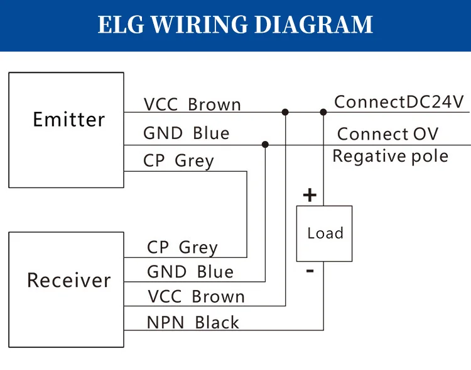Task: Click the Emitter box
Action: point(66,130)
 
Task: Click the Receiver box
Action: point(66,289)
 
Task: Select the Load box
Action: point(324,233)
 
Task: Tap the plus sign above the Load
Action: point(310,195)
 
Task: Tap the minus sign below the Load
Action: point(310,271)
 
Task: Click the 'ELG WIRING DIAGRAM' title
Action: point(235,25)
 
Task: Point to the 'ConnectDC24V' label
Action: point(398,102)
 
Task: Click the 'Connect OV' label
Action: point(387,134)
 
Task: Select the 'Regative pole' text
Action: point(390,156)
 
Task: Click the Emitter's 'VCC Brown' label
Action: point(192,104)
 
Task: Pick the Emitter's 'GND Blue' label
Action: point(186,133)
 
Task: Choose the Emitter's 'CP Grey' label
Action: point(178,161)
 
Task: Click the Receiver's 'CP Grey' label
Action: point(182,247)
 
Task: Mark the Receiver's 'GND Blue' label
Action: point(190,272)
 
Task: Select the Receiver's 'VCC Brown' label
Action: point(196,296)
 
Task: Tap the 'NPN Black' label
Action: point(193,323)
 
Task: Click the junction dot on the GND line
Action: point(265,144)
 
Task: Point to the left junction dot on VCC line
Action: point(285,112)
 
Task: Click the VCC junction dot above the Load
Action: point(323,112)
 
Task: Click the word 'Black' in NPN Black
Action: point(217,323)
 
